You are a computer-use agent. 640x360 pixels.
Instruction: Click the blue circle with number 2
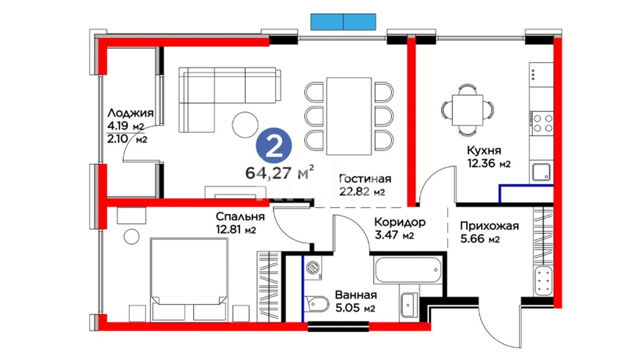tap(274, 146)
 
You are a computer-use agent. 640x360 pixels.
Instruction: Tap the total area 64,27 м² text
tap(279, 172)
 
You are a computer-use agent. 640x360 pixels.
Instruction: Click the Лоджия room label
tap(130, 113)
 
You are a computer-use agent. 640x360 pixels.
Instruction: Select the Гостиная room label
tap(365, 179)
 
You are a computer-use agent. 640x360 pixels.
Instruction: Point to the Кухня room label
tap(484, 150)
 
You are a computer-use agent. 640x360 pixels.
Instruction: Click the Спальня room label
tap(240, 217)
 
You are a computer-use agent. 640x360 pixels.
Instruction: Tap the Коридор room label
tap(400, 222)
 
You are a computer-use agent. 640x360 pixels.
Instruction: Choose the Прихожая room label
tap(489, 226)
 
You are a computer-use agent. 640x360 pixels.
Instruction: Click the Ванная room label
tap(356, 295)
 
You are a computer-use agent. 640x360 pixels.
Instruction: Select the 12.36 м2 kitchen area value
tap(489, 164)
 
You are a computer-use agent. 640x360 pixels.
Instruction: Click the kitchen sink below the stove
tap(541, 172)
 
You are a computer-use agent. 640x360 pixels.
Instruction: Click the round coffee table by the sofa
tap(245, 125)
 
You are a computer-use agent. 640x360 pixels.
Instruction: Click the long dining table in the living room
tap(349, 116)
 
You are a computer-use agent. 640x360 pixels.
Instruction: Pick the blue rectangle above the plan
tap(343, 22)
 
